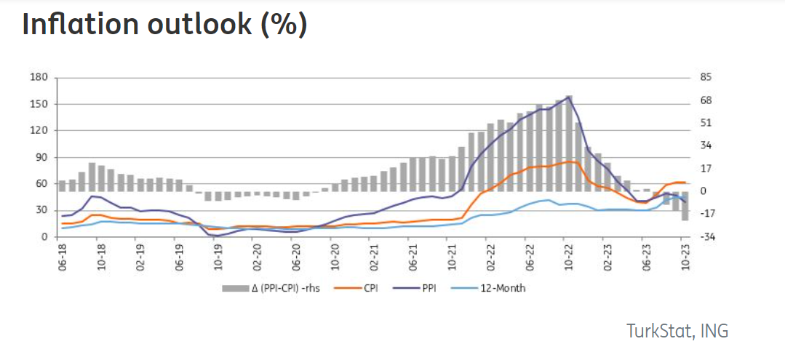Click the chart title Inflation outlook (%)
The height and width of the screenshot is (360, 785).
164,24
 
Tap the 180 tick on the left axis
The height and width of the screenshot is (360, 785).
39,77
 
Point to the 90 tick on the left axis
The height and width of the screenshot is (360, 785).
41,157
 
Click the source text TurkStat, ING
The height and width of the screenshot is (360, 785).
677,330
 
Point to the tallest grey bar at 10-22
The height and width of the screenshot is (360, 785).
568,143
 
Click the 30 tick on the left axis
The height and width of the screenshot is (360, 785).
41,210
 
